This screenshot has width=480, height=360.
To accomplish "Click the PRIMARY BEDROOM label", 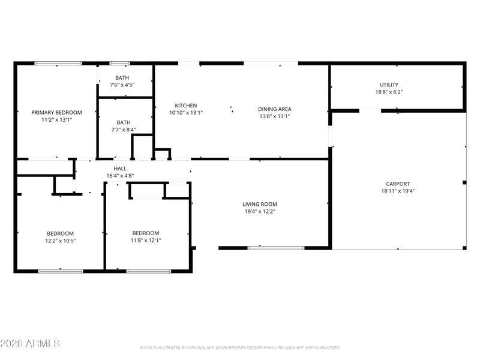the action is (x=56, y=112).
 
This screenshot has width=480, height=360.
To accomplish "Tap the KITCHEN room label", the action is (x=186, y=106).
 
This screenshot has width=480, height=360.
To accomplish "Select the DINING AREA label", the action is (x=275, y=109).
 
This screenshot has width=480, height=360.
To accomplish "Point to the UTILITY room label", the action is (x=389, y=85).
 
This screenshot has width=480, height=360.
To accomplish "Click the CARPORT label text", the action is (x=398, y=184).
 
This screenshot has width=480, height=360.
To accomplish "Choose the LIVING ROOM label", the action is (x=260, y=204).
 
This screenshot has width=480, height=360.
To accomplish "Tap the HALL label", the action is (x=120, y=169).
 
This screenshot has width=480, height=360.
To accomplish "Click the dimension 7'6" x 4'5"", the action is (x=122, y=85).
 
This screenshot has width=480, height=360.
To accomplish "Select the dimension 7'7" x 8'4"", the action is (x=124, y=130).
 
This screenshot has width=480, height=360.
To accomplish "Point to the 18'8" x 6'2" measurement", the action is (x=389, y=92).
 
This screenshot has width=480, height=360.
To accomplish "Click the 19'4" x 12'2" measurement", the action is (x=260, y=211).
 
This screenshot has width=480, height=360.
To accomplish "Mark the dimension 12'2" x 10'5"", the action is (x=61, y=241).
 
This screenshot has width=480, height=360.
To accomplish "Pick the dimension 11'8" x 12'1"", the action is (x=146, y=241).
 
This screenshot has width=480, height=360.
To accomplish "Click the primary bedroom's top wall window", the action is (x=58, y=64).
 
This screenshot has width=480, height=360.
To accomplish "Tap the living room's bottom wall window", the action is (x=276, y=248).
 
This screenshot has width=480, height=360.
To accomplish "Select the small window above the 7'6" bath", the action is (x=119, y=64).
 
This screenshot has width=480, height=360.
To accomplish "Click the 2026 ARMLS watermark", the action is (x=30, y=343).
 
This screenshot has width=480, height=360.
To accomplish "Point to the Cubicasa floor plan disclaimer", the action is (x=239, y=348).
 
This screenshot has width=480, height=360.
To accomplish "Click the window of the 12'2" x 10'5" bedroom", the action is (x=61, y=271).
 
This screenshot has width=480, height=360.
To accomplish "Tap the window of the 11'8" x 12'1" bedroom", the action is (x=148, y=271).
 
